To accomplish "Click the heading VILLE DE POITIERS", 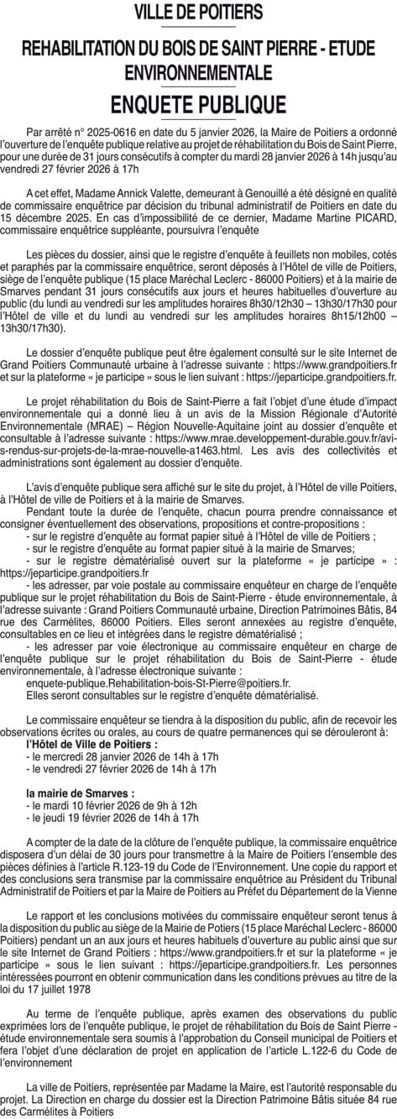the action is [x=198, y=13].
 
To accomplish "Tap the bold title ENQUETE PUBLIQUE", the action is [x=198, y=104].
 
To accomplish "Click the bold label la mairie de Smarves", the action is [x=81, y=792].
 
